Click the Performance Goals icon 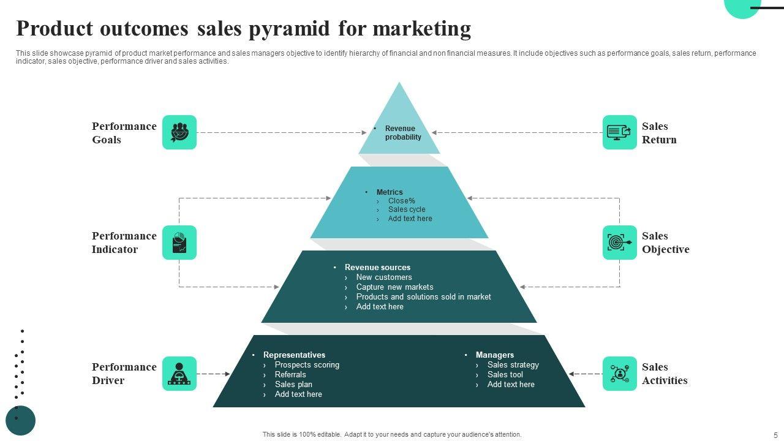tap(179, 132)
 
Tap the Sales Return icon tap(619, 132)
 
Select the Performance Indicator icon tap(179, 243)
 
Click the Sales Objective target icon tap(619, 243)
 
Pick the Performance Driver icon tap(179, 374)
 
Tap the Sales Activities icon tap(619, 374)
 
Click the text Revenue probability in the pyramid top tap(402, 133)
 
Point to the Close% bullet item tap(401, 201)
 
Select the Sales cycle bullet tap(406, 209)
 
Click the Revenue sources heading tap(377, 268)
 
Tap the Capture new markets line tap(394, 287)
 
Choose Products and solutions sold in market tap(423, 297)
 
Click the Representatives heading tap(294, 355)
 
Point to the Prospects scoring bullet tap(307, 365)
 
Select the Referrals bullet tap(290, 375)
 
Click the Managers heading tap(494, 355)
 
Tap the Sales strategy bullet tap(513, 365)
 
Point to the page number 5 tap(775, 435)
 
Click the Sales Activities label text tap(665, 374)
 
